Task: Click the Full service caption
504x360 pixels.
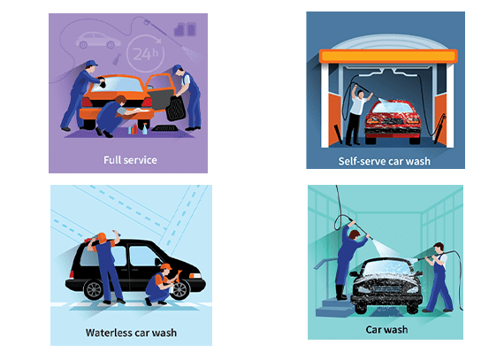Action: (130, 160)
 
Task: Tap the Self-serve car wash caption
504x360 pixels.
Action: (384, 161)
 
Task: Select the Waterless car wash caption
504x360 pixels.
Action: (131, 333)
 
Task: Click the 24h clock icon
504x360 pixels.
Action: (145, 53)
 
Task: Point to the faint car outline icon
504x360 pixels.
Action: (98, 40)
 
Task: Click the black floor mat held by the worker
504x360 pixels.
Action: (175, 108)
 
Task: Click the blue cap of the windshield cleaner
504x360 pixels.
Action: (92, 63)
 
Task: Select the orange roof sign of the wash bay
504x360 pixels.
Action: (388, 57)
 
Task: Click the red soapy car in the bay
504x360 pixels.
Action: (393, 122)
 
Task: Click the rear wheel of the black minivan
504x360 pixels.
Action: (94, 290)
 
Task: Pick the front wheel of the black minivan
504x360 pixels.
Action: (179, 290)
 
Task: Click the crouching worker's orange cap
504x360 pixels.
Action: (166, 266)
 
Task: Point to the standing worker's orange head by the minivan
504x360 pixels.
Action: (102, 238)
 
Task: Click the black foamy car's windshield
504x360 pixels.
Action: (388, 267)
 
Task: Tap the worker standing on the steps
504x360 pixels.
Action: (350, 260)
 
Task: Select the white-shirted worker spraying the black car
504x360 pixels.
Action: (439, 278)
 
